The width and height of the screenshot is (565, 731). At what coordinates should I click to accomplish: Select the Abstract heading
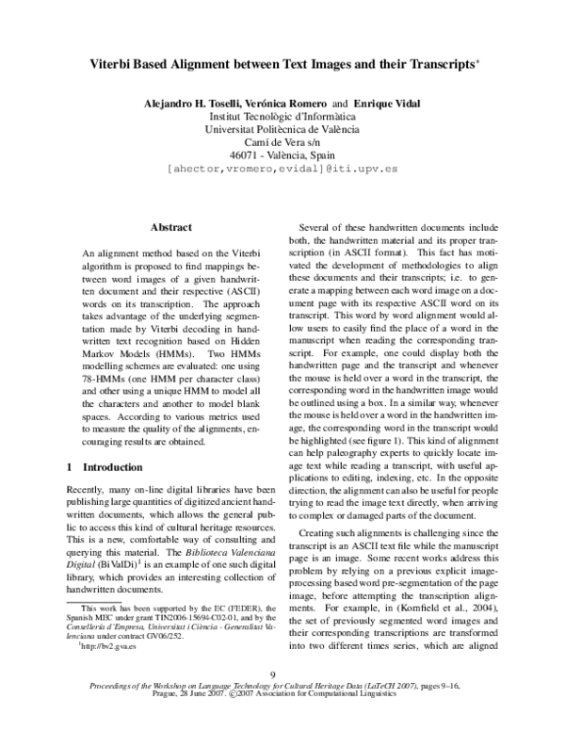pyautogui.click(x=170, y=227)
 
